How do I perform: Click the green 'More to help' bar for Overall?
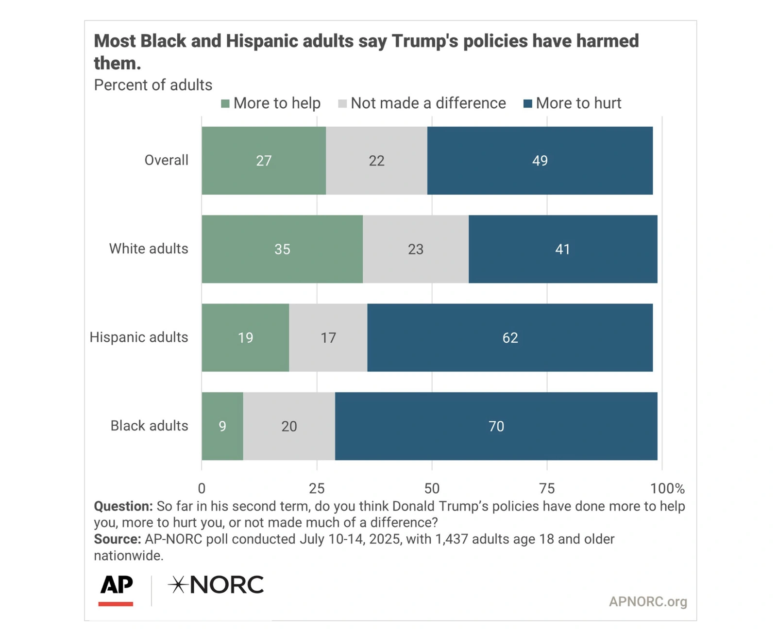[x=264, y=161]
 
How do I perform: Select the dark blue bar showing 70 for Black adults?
[x=496, y=426]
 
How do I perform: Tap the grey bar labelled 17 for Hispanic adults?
[x=328, y=338]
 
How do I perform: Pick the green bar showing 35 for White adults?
[x=282, y=249]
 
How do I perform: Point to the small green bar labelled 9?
[x=222, y=426]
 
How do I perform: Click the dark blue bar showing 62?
[x=510, y=338]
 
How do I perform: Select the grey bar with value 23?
[x=416, y=249]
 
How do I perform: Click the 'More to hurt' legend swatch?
[x=528, y=103]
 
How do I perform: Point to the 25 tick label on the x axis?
[x=317, y=488]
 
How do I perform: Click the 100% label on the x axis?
[x=667, y=488]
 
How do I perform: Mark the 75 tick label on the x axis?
[x=547, y=488]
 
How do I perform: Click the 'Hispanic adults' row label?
[x=139, y=337]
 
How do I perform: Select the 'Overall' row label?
[x=166, y=160]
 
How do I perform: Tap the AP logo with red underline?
[x=116, y=589]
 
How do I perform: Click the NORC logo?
[x=216, y=585]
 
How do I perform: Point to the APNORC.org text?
[x=648, y=602]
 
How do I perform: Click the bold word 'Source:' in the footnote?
[x=117, y=539]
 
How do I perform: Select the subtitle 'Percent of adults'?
[x=153, y=85]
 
